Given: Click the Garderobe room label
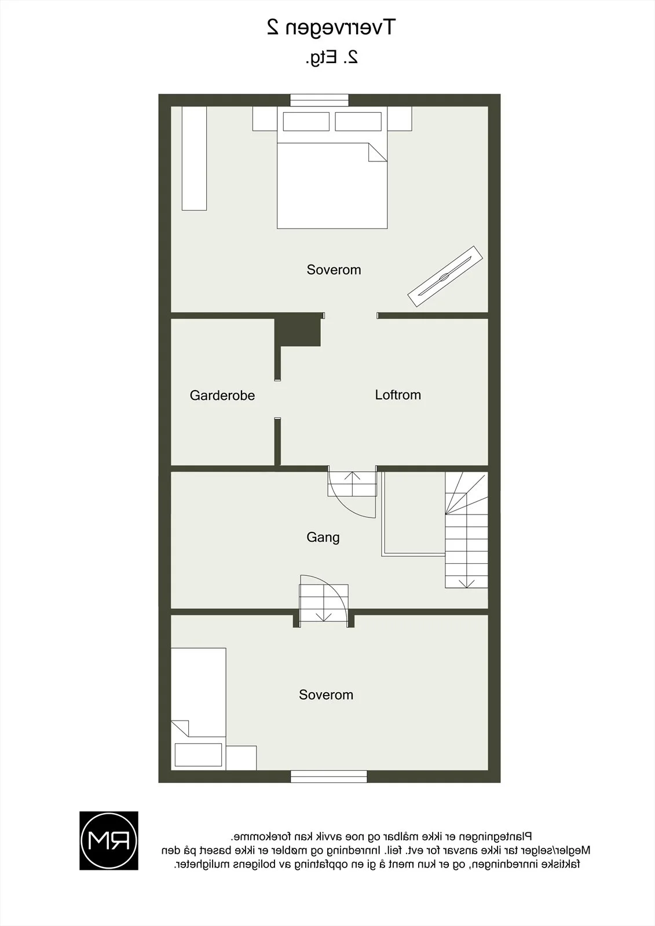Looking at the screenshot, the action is pyautogui.click(x=222, y=396).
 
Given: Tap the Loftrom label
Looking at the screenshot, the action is pyautogui.click(x=398, y=395).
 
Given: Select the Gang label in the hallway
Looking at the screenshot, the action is pyautogui.click(x=323, y=538).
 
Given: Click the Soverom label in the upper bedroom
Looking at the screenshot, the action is pyautogui.click(x=334, y=270).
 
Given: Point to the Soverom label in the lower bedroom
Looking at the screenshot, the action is pyautogui.click(x=326, y=695).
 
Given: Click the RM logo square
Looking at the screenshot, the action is pyautogui.click(x=109, y=840).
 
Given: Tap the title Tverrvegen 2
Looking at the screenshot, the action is pyautogui.click(x=331, y=28).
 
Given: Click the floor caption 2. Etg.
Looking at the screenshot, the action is pyautogui.click(x=332, y=57).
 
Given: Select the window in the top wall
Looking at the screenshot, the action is pyautogui.click(x=319, y=101).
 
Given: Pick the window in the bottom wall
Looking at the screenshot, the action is pyautogui.click(x=328, y=777).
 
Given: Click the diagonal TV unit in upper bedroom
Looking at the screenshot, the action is pyautogui.click(x=445, y=277).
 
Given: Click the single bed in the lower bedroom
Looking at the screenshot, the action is pyautogui.click(x=199, y=709).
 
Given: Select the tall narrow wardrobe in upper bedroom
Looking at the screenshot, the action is pyautogui.click(x=194, y=159).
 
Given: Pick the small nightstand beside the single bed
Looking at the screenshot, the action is pyautogui.click(x=241, y=758).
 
